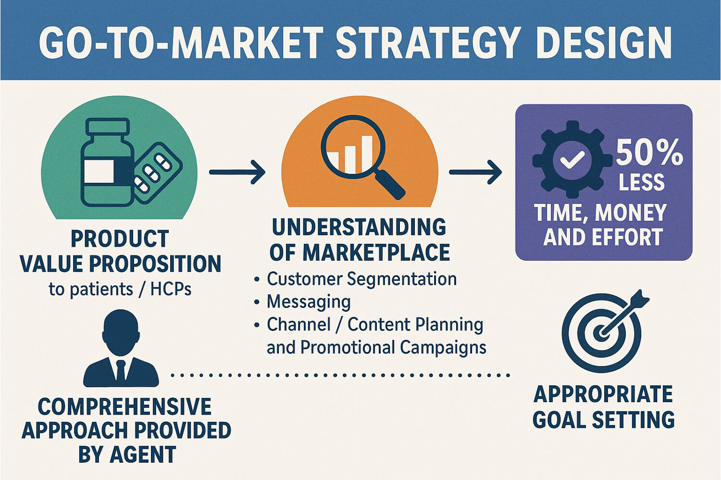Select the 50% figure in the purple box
click(649, 152)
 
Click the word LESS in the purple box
click(642, 182)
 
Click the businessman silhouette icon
click(121, 349)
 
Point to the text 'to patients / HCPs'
click(120, 289)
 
